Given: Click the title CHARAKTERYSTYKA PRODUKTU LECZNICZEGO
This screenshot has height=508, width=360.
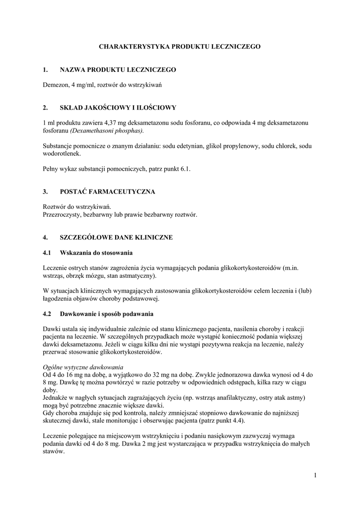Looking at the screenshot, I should point(180,46).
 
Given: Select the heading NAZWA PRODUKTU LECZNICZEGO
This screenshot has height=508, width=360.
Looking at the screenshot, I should point(118,70).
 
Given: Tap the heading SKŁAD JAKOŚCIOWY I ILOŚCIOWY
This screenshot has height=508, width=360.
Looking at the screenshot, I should point(118,107).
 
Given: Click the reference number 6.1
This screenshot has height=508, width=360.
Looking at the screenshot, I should point(185,169).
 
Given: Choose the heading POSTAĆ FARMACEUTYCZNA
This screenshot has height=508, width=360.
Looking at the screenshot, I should point(108,191).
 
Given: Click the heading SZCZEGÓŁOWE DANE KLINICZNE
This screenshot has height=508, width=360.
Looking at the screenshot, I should point(116,238).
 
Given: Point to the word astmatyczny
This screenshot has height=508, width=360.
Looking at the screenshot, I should point(138,276).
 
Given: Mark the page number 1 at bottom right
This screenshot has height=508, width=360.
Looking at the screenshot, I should point(315,476).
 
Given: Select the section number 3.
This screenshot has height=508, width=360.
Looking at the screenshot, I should point(45,191).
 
